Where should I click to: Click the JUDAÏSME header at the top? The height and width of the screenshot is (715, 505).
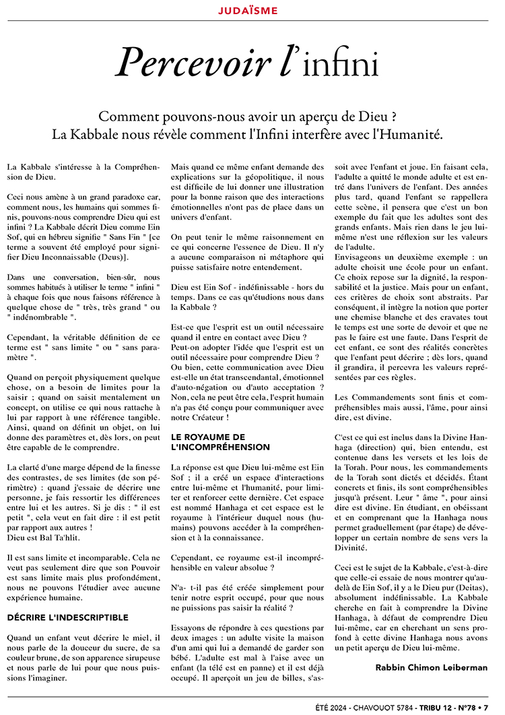tap(252, 11)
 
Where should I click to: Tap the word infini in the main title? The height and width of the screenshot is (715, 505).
tap(340, 66)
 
